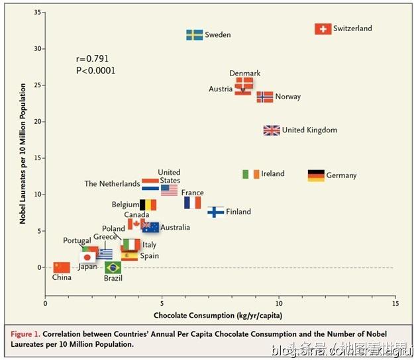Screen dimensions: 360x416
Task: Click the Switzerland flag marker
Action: [323, 29]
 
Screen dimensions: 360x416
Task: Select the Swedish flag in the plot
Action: [194, 34]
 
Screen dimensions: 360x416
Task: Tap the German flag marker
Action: [316, 175]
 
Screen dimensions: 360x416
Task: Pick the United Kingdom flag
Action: [272, 130]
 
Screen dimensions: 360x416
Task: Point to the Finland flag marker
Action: [216, 212]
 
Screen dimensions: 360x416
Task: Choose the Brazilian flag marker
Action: [113, 267]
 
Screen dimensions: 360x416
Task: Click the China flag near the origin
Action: [61, 267]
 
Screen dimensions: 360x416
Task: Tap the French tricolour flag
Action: [192, 202]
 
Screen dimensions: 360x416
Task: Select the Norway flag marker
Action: [264, 97]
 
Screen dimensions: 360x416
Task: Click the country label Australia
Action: [176, 228]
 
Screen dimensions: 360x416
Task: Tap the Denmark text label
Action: [245, 73]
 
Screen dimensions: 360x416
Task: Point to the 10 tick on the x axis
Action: [279, 303]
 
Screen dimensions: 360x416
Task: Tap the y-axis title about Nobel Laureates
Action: [23, 154]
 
